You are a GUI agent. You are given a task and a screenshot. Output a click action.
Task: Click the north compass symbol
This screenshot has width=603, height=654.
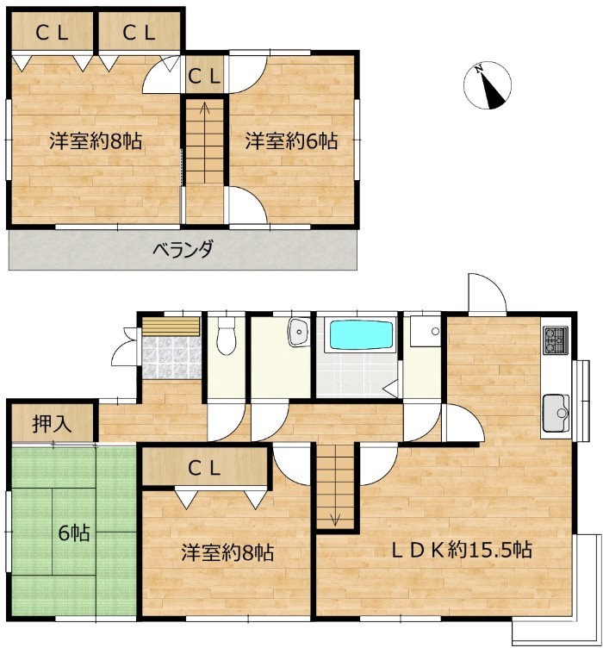[487, 85]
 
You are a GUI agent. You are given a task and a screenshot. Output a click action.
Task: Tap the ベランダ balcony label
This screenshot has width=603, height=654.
[183, 250]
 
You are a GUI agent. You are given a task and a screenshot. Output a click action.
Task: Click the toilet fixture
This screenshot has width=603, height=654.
[226, 336]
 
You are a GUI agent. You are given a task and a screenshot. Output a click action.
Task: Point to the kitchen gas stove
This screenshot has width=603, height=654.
[556, 340]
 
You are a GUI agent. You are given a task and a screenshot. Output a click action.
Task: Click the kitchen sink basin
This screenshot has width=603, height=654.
[556, 413]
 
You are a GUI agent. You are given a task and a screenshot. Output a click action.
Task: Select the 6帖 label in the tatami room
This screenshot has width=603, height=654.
[74, 533]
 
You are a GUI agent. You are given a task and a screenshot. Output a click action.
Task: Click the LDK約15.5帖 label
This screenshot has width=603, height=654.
[461, 550]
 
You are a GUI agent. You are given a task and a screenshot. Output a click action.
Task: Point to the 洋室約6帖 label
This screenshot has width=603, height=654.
[291, 141]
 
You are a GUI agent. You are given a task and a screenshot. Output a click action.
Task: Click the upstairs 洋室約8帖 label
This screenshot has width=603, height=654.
[96, 141]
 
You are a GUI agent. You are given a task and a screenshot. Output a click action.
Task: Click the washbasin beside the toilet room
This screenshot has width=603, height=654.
[299, 332]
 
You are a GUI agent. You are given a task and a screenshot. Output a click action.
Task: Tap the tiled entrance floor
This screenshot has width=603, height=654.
[171, 357]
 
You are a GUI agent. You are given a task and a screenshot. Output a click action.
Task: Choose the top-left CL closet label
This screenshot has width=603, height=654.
[53, 33]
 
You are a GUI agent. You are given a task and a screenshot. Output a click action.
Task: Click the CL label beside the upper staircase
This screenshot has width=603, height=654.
[204, 77]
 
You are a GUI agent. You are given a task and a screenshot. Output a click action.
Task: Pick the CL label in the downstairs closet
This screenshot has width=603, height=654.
[204, 469]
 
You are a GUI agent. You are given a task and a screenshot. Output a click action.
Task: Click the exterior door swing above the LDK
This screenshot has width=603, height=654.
[487, 292]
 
